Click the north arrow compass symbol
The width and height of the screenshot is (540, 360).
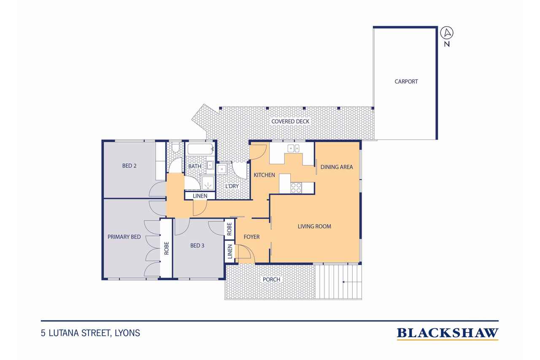[x=447, y=33]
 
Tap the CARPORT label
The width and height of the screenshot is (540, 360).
[x=406, y=81]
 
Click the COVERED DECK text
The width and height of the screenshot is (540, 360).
[x=290, y=122]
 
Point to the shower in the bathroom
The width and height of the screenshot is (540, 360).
[x=208, y=183]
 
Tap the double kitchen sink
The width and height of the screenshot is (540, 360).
[x=294, y=148]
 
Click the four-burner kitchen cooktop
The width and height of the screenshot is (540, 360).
[x=296, y=188]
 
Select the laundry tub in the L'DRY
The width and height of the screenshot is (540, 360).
[x=222, y=169]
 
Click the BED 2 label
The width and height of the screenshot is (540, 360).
[x=129, y=166]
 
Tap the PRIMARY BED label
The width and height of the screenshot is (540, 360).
[x=124, y=237]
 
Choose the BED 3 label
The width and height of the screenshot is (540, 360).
[x=197, y=245]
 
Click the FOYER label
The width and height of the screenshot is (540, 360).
[x=251, y=237]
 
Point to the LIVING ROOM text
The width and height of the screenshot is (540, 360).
[x=314, y=227]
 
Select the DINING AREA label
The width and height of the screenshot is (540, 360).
[x=337, y=167]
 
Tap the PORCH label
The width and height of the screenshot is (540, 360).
[x=271, y=279]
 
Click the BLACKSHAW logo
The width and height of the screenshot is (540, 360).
[x=447, y=333]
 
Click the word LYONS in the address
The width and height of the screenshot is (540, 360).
[x=127, y=333]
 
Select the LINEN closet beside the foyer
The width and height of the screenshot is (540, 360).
[x=230, y=252]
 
